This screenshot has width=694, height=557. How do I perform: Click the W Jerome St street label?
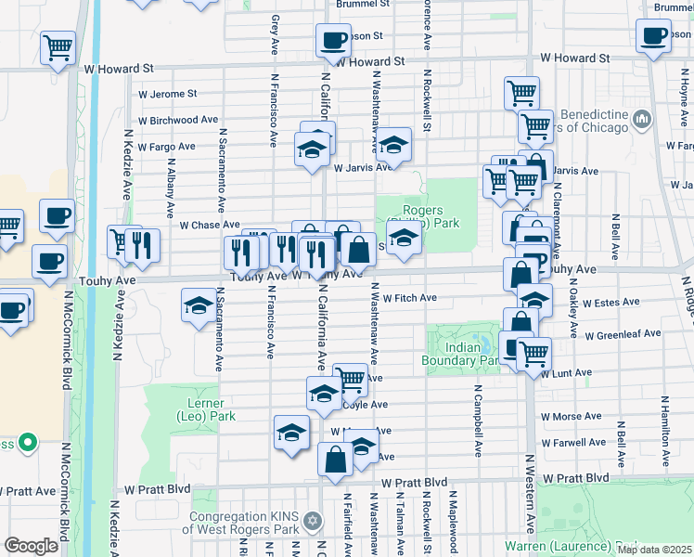pos(167,94)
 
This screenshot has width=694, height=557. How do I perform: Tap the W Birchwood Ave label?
pos(177,120)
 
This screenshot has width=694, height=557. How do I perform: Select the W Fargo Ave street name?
pos(166,146)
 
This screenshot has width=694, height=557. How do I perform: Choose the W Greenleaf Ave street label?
pos(622,333)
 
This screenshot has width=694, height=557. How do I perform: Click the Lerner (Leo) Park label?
pos(205,410)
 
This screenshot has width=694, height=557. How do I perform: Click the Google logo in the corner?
pos(31,545)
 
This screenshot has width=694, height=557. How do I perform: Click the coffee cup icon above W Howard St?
pos(333,41)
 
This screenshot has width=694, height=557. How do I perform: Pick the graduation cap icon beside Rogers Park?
pos(404,238)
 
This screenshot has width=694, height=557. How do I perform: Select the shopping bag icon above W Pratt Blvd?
pos(335,460)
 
